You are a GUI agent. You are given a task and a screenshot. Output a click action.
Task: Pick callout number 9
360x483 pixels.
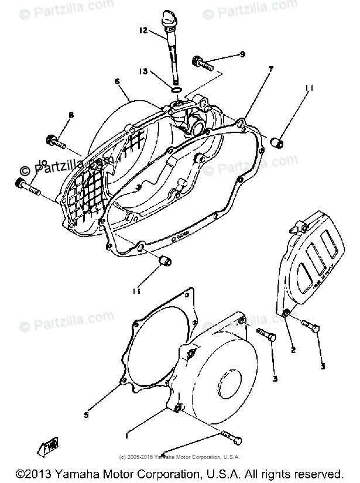[x=242, y=54]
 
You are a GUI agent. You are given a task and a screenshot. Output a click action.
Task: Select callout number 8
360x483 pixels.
[x=71, y=116]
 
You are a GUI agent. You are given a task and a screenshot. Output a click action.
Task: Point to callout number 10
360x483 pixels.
[x=25, y=163]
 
